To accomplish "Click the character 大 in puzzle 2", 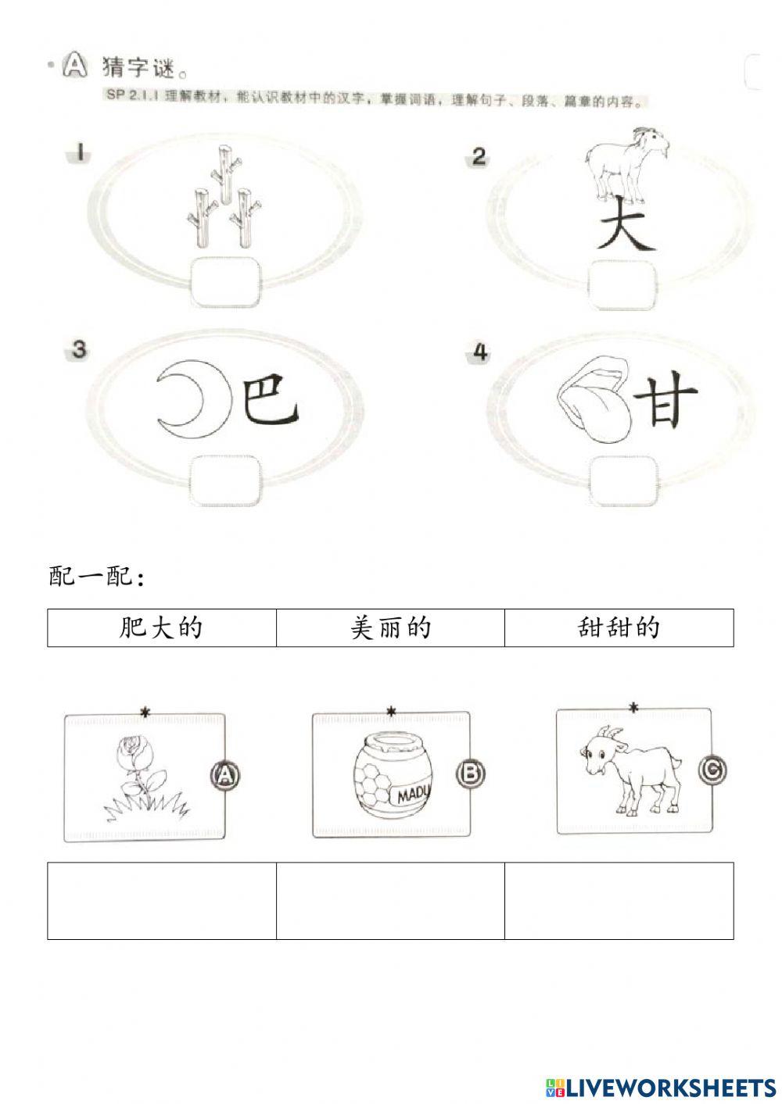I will (x=626, y=225).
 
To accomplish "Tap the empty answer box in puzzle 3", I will (x=225, y=481).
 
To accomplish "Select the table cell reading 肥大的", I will (x=162, y=627).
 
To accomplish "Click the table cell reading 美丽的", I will (x=390, y=627).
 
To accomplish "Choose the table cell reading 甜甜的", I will (x=619, y=627).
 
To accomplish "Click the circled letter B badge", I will (x=470, y=774).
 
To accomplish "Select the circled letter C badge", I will (x=712, y=770).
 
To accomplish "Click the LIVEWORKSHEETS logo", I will (x=661, y=1087).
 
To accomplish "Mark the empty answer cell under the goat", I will (x=619, y=900).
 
